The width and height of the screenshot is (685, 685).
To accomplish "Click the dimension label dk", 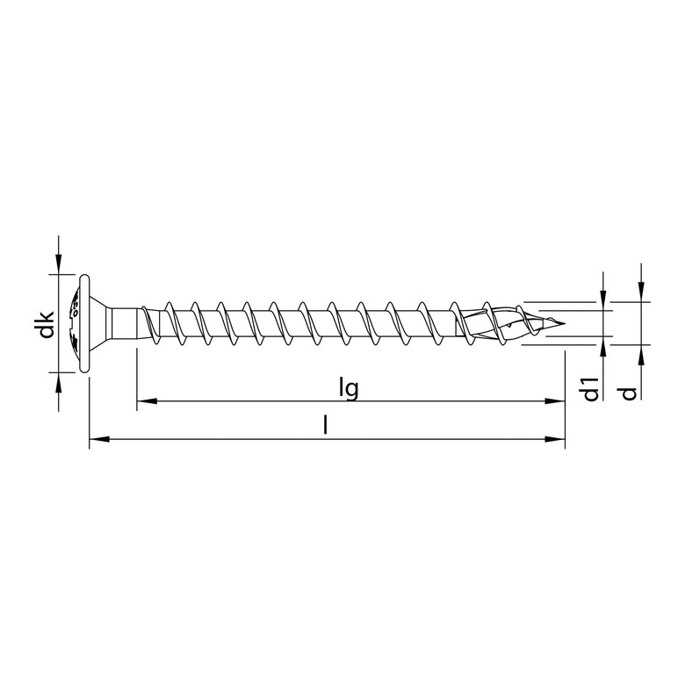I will point(50,324).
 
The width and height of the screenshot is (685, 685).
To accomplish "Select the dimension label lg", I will point(349,387).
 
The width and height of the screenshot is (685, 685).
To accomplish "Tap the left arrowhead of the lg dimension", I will point(146,402).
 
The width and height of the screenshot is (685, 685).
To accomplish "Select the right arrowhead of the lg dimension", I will point(555,402).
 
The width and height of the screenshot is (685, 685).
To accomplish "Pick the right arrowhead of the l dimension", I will point(555,438).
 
